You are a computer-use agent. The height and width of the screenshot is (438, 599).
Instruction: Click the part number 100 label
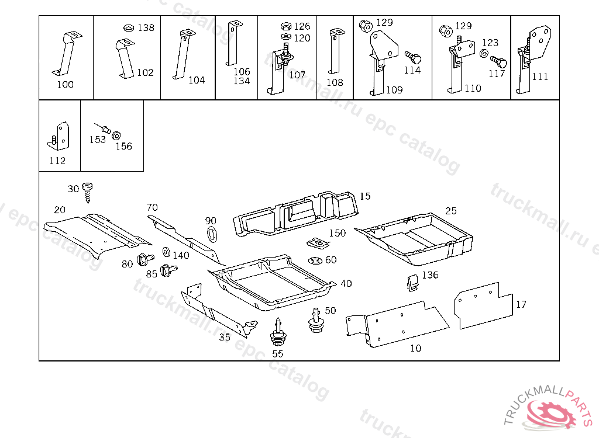(65, 84)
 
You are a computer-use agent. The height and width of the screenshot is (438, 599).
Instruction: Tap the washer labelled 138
(129, 28)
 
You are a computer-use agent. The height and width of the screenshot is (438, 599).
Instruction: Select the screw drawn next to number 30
(88, 193)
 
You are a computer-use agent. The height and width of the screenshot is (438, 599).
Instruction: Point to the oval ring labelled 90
(212, 234)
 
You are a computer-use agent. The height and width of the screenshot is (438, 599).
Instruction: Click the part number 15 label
(365, 196)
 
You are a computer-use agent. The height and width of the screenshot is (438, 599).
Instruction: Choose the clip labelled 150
(318, 243)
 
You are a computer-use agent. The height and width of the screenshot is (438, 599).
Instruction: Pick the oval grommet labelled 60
(315, 260)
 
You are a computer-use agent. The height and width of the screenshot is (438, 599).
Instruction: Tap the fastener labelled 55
(278, 332)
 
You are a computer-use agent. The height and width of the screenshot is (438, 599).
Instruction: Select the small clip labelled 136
(412, 283)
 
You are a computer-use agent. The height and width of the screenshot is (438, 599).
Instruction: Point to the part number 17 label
(521, 304)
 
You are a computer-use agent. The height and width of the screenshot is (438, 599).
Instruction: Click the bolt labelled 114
(414, 58)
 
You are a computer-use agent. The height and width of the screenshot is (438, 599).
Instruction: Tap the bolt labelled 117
(499, 62)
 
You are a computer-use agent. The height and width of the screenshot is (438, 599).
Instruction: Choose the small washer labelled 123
(484, 53)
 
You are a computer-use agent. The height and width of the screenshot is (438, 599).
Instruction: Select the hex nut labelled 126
(285, 26)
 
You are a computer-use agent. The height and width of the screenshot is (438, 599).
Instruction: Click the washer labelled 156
(116, 135)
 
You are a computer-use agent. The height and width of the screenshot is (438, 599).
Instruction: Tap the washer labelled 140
(166, 252)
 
